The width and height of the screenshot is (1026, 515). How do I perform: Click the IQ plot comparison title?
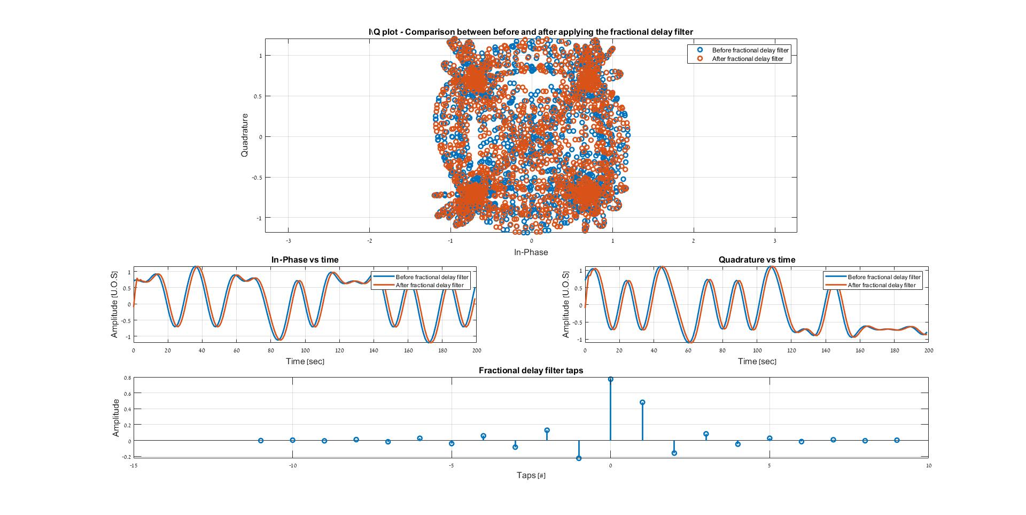531,32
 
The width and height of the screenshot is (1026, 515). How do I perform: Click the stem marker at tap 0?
610,380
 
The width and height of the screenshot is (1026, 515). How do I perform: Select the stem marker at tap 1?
642,402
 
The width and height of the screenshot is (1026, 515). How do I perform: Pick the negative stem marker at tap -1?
579,458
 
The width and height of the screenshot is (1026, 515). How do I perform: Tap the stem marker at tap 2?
674,453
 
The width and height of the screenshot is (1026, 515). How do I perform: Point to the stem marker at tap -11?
261,441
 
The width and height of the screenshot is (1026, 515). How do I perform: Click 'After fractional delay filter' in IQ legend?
747,59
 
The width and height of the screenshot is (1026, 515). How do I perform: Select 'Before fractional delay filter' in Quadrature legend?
884,277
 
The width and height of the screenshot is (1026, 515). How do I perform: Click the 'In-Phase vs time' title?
305,260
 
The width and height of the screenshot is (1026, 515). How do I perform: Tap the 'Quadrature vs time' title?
757,260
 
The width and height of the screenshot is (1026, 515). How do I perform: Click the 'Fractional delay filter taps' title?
531,370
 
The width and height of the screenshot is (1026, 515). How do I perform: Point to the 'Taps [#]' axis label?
531,475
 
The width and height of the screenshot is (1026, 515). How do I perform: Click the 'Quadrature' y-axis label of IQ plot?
245,135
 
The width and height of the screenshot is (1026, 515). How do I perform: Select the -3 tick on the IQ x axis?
289,241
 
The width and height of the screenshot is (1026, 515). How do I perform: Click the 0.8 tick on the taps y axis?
127,378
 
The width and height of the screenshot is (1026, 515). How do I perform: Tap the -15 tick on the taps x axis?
134,466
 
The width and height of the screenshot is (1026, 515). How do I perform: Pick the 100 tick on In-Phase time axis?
305,351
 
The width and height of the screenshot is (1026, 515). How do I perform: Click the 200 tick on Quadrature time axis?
929,351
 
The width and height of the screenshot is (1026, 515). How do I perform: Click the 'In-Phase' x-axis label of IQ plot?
531,252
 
